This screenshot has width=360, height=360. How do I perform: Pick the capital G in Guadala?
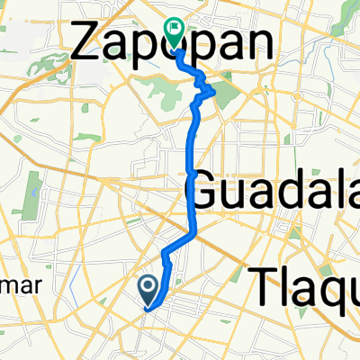coord(205,191)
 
